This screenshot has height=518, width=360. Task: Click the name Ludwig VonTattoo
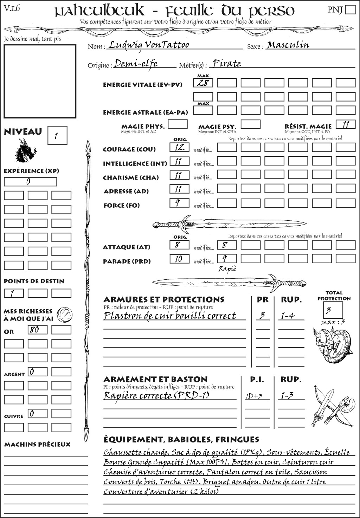pos(148,45)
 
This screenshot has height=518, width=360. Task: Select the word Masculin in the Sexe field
pos(288,45)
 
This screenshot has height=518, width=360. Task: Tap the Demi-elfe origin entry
pos(136,64)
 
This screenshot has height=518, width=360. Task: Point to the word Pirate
pos(227,64)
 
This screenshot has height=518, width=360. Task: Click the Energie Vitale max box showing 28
pos(203,83)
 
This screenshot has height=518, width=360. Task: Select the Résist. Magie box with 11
pos(346,124)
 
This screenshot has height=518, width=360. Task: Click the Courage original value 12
pos(179,147)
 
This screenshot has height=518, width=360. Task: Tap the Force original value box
pos(179,203)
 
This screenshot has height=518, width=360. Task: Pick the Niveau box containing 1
pos(57,136)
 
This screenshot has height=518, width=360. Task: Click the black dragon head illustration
pos(25,151)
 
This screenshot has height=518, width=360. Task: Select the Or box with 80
pos(37,330)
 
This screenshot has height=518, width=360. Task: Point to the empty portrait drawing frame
pos(40,81)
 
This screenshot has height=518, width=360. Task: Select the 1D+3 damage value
pos(254,396)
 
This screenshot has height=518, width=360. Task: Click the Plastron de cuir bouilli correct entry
pos(169,316)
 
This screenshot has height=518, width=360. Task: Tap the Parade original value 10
pos(179,259)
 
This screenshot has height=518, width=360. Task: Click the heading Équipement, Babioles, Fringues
pos(181,440)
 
